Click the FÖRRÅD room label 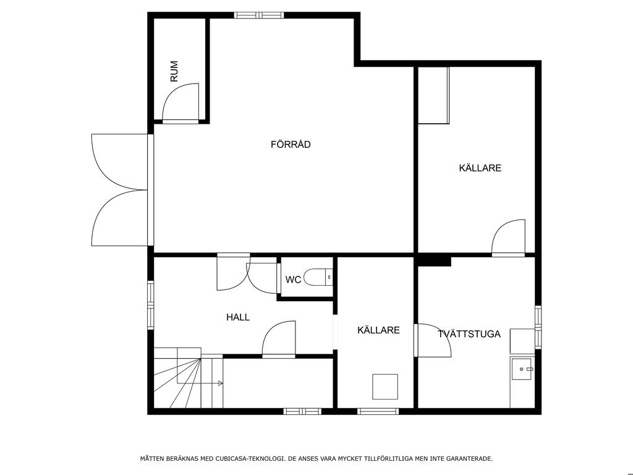pyautogui.click(x=291, y=144)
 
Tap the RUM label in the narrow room pyautogui.click(x=174, y=71)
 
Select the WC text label pyautogui.click(x=293, y=280)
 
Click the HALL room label pyautogui.click(x=238, y=317)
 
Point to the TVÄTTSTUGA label pyautogui.click(x=469, y=334)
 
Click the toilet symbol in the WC pyautogui.click(x=318, y=278)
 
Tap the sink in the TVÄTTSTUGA pyautogui.click(x=522, y=369)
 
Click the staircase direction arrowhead pyautogui.click(x=221, y=383)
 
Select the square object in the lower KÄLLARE pyautogui.click(x=384, y=387)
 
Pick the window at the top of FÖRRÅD pyautogui.click(x=259, y=15)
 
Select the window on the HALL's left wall pyautogui.click(x=151, y=305)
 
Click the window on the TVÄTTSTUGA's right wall pyautogui.click(x=538, y=327)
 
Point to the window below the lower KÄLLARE pyautogui.click(x=378, y=411)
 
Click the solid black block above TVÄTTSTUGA pyautogui.click(x=435, y=261)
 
